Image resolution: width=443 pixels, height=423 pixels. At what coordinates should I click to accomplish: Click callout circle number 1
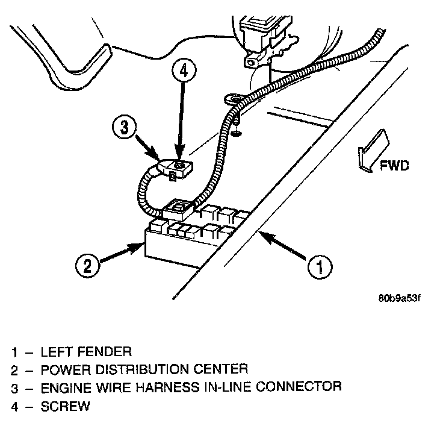pyautogui.click(x=320, y=266)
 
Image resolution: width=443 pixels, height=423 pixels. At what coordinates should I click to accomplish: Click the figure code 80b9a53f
pyautogui.click(x=398, y=298)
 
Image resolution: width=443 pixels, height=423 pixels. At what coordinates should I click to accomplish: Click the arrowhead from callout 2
pyautogui.click(x=138, y=246)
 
